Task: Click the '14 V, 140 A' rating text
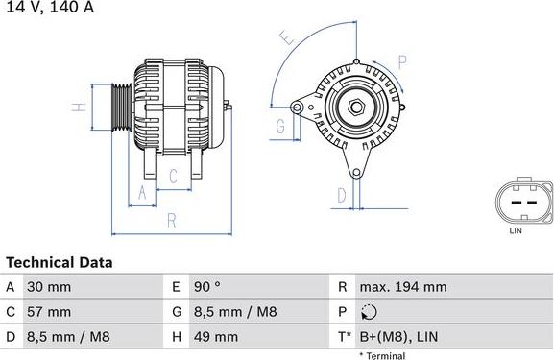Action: pos(40,7)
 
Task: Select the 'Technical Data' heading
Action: pos(60,262)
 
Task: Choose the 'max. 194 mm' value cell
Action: pos(403,287)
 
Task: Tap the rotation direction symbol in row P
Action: pos(371,312)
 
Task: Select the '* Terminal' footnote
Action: pos(382,355)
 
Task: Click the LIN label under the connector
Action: pos(515,230)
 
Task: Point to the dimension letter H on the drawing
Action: pos(83,106)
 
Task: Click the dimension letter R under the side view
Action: pos(171,220)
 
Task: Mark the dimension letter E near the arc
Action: pos(285,38)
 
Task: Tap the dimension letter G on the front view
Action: pos(281,126)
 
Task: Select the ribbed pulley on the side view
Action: pos(121,105)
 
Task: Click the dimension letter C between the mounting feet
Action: pos(174,176)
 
